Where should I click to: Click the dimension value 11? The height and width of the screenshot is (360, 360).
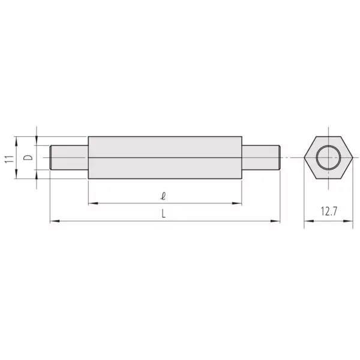click(9, 158)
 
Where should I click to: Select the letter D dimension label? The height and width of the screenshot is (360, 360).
click(27, 158)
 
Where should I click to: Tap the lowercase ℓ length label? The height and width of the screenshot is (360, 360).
click(163, 196)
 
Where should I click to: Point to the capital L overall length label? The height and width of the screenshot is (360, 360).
click(163, 214)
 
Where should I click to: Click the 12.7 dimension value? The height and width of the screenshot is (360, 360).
click(328, 212)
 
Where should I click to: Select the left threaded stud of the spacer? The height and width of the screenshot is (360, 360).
click(69, 158)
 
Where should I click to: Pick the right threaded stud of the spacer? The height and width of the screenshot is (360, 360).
click(260, 158)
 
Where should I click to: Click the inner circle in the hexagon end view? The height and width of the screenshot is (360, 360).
click(328, 158)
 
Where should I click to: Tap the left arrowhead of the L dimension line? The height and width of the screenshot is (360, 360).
click(53, 222)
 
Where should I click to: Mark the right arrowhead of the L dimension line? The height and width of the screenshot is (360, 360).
click(277, 222)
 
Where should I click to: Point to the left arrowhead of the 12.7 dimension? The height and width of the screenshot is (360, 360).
click(307, 222)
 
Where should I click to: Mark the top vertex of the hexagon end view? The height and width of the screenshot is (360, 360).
click(328, 134)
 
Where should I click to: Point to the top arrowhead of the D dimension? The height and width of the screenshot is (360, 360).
click(37, 142)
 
